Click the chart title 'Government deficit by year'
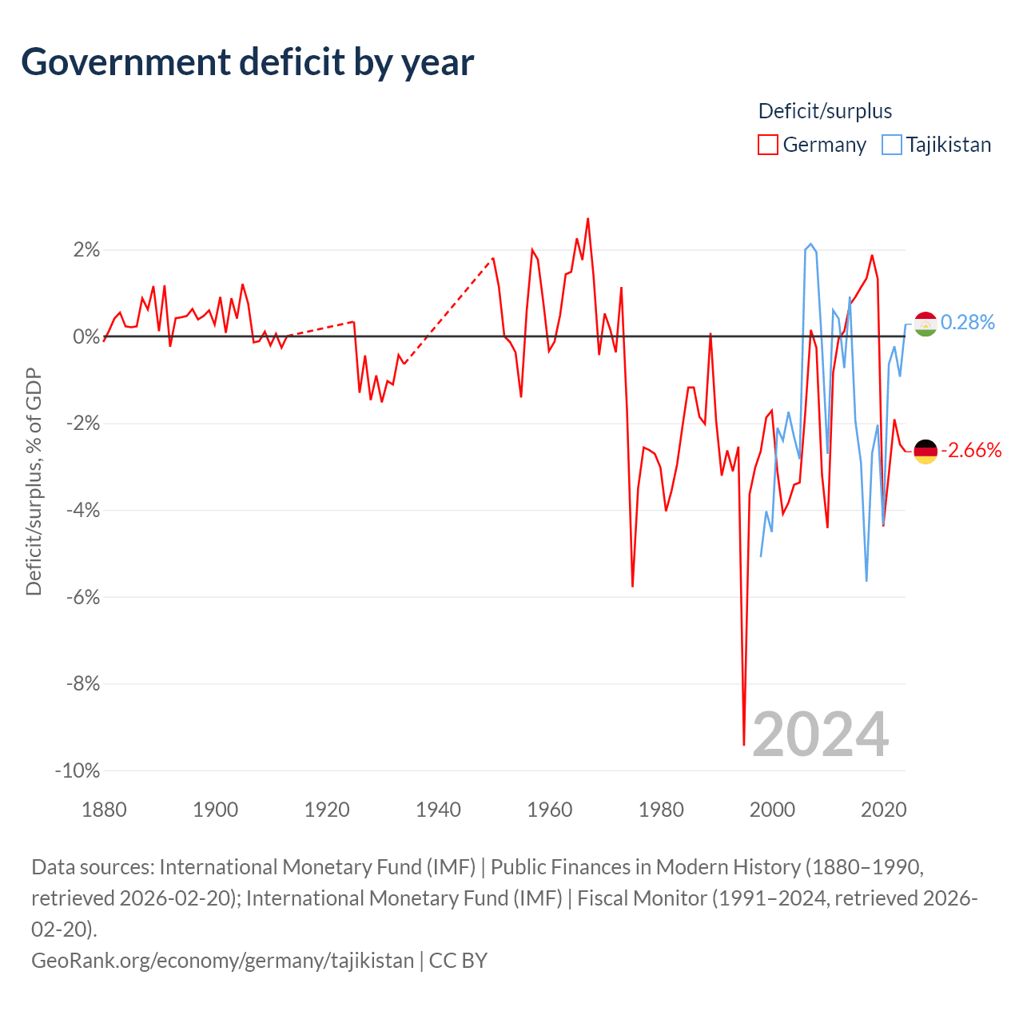(247, 62)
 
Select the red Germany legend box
(767, 145)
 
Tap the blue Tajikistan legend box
(891, 145)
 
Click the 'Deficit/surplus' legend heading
(825, 111)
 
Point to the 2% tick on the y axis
(86, 249)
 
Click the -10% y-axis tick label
(78, 770)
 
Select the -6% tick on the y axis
(83, 597)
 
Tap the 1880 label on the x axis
(104, 810)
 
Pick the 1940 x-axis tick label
(438, 810)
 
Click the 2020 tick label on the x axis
(883, 810)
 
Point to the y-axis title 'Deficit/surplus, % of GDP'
(34, 481)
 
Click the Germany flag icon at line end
(925, 452)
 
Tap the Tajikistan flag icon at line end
(925, 324)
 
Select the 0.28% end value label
(967, 322)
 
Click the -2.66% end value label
(971, 450)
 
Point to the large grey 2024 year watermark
(820, 734)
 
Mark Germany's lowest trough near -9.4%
(744, 744)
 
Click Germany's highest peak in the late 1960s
(587, 219)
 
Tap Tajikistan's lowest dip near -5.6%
(866, 580)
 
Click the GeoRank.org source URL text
(222, 961)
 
